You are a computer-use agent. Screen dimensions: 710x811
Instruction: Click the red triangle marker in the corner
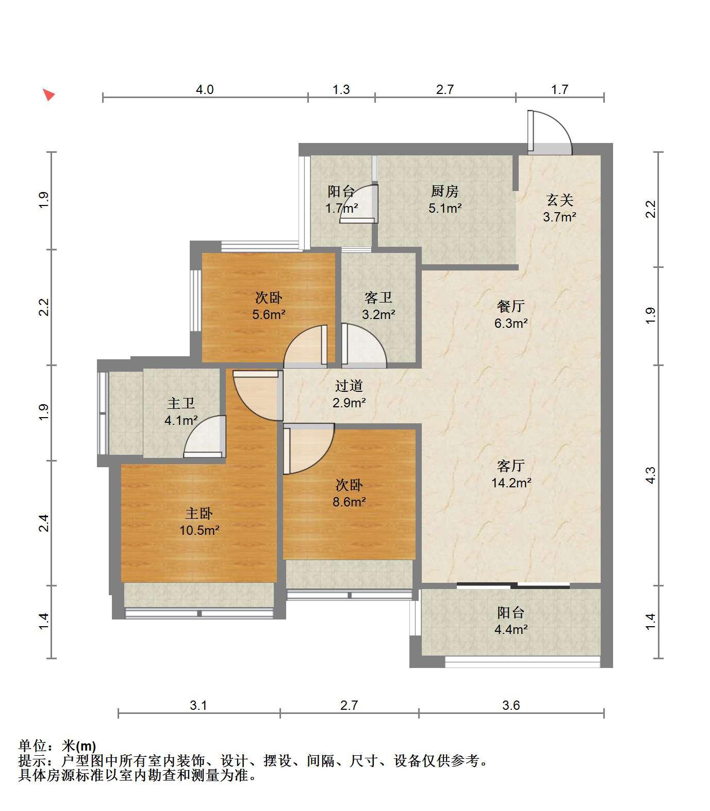pos(48,95)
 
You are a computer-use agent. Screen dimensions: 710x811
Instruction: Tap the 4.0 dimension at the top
pos(205,89)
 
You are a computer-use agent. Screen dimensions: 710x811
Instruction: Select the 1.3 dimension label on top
pos(341,89)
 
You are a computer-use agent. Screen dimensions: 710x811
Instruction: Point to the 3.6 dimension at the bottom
pos(511,705)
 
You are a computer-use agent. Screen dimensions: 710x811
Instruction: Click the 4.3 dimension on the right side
pos(651,475)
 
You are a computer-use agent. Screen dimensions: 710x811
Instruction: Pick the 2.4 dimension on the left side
pos(44,523)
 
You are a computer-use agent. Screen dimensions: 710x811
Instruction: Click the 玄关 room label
pos(559,200)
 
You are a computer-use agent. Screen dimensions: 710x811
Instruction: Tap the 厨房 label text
pos(445,192)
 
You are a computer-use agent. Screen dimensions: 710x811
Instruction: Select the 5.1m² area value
pos(445,209)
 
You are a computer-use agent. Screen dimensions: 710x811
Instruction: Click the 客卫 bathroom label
pos(378,297)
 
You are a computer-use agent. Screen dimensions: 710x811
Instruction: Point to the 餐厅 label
pos(511,306)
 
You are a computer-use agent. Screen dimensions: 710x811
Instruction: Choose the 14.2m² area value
pos(511,483)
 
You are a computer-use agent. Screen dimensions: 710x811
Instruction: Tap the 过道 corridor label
pos(349,386)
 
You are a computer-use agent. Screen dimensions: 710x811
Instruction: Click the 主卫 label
pos(181,403)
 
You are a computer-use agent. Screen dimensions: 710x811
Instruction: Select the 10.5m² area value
pos(199,530)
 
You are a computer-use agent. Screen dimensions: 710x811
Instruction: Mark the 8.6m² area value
pos(349,501)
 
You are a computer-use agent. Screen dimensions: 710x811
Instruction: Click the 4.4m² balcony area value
pos(511,629)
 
